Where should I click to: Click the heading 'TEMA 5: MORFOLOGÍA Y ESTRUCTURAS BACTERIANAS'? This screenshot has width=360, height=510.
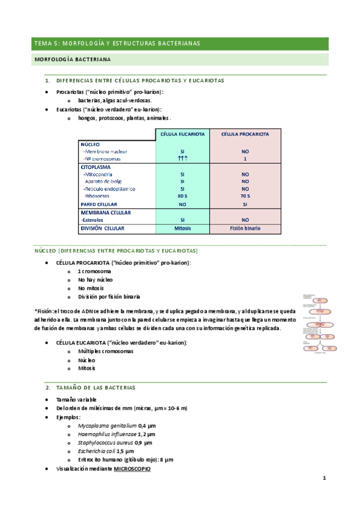[117, 43]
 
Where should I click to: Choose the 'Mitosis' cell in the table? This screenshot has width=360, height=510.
[182, 229]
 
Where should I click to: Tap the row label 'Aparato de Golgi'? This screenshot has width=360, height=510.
[103, 181]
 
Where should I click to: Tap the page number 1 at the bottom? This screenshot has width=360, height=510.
[324, 478]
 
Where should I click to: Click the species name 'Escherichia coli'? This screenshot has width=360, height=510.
[96, 450]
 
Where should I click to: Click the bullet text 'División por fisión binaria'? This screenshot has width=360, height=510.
[109, 296]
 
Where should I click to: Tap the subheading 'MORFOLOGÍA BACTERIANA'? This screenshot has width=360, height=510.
[72, 60]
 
